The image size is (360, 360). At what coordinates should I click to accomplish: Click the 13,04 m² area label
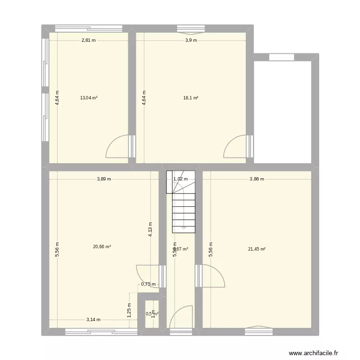pos(89,97)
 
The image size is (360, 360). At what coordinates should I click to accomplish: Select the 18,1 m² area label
pos(191,97)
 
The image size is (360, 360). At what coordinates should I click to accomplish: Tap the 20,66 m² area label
pos(102,247)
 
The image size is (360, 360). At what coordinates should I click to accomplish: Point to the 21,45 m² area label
pos(257,249)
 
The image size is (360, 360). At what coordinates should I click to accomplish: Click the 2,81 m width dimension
pos(88,40)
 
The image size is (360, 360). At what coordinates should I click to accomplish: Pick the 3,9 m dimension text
pos(191,40)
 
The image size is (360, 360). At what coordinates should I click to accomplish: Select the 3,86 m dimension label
pos(257,179)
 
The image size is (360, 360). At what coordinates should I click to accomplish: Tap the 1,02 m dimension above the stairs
pos(180,179)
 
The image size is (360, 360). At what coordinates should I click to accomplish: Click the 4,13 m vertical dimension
pos(150,229)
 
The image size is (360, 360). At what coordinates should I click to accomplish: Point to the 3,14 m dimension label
pos(94,320)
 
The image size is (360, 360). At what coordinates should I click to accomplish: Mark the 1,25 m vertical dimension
pos(129,307)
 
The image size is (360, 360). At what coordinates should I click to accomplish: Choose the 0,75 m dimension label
pos(148,284)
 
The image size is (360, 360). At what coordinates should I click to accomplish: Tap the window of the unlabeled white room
pos(281,57)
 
